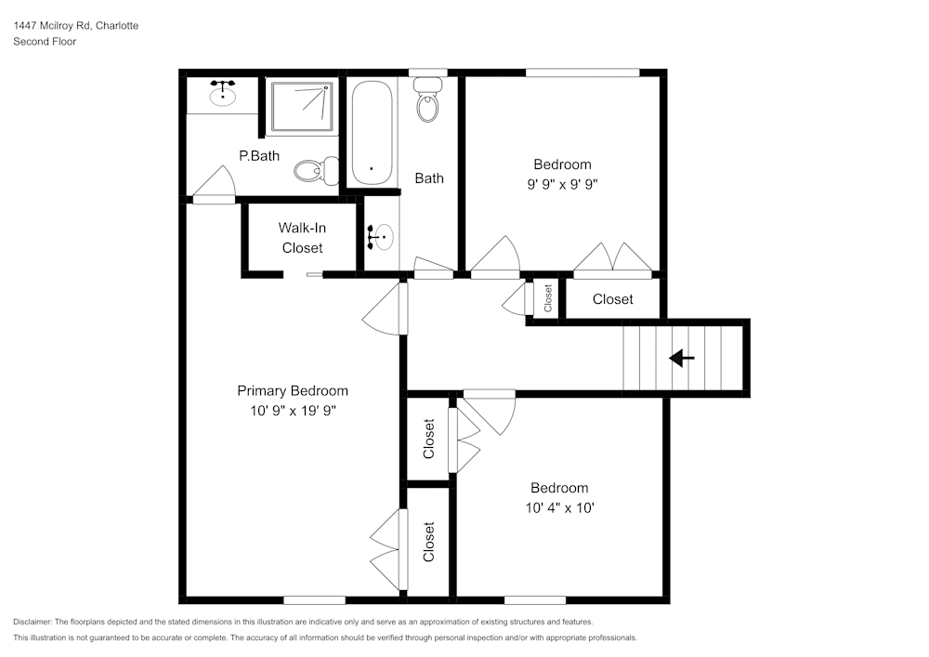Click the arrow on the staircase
click(682, 358)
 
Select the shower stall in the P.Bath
click(302, 106)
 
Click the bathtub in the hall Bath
click(372, 133)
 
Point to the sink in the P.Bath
click(222, 94)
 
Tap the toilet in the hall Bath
click(427, 100)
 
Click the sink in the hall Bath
click(380, 238)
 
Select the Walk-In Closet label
click(302, 238)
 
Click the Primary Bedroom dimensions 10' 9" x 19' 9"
click(293, 410)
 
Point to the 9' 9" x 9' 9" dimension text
click(562, 184)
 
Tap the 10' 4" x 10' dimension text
click(559, 507)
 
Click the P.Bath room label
click(259, 156)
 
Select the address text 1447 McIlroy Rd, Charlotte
click(76, 26)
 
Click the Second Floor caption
click(45, 42)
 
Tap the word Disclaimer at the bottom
click(33, 622)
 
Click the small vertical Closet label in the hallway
click(548, 298)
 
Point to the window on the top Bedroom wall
click(582, 72)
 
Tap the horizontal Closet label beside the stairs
click(613, 299)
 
